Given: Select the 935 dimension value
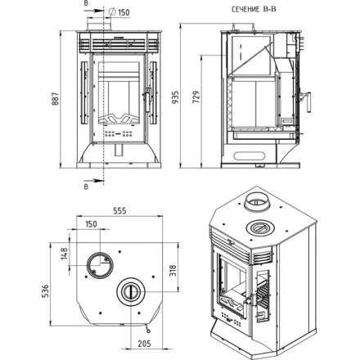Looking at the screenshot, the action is [x=176, y=97].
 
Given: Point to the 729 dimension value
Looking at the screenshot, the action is [x=196, y=97].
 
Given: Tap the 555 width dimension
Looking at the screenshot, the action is [x=119, y=210].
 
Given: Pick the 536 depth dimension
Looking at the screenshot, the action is [x=45, y=290].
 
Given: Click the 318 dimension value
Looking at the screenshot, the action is [x=173, y=271].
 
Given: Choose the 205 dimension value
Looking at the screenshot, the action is [x=144, y=344].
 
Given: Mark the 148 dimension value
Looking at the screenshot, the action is [x=64, y=254].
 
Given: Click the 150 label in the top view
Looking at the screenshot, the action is [x=91, y=224].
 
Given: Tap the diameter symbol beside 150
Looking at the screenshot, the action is [x=112, y=11].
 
